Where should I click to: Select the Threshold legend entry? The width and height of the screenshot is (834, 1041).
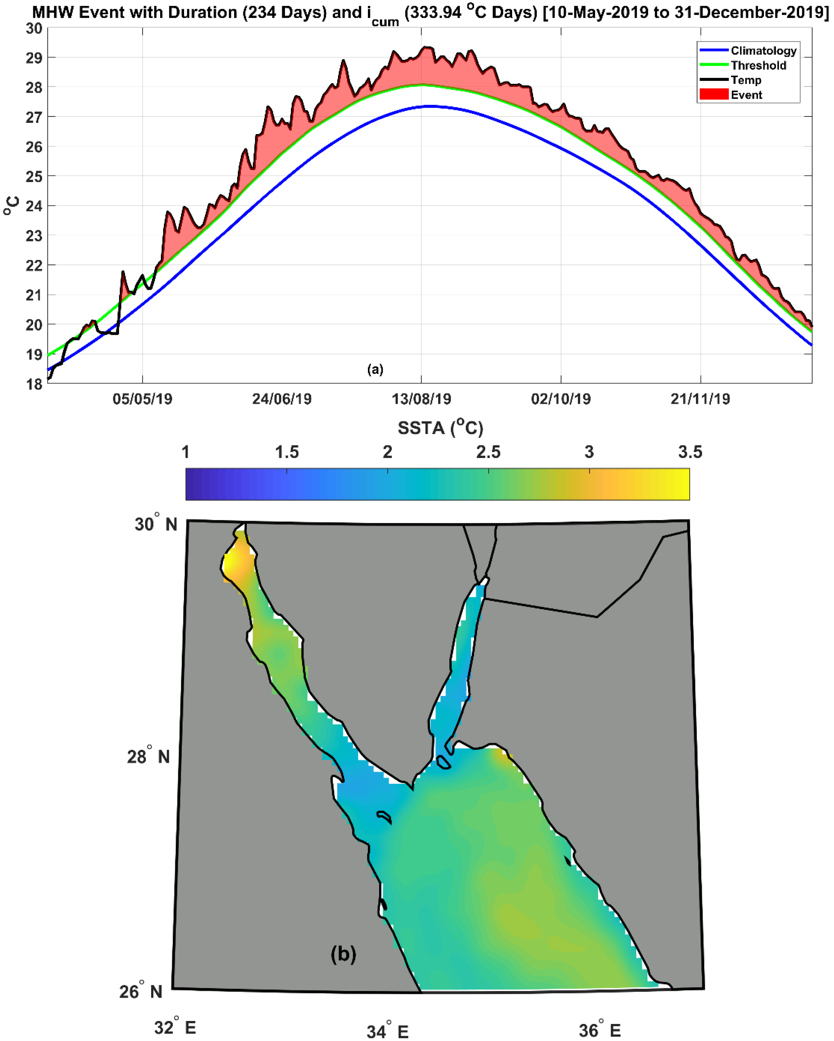click(x=758, y=66)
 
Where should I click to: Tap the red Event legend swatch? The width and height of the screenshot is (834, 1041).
click(x=714, y=95)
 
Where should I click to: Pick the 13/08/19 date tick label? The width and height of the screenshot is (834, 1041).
click(x=421, y=399)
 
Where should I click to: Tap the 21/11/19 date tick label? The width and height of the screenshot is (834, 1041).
click(x=700, y=399)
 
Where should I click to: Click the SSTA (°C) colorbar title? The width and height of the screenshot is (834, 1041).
click(x=440, y=428)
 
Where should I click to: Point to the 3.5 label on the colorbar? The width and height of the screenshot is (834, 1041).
click(x=690, y=452)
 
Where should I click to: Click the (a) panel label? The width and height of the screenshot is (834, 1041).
click(x=375, y=369)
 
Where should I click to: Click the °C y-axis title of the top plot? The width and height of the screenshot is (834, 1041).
click(x=12, y=206)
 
